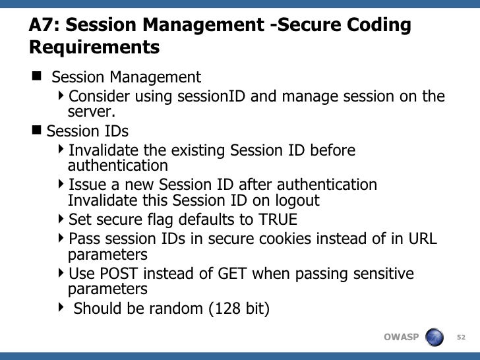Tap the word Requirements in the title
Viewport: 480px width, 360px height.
pyautogui.click(x=94, y=48)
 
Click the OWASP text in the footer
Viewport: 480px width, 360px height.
pyautogui.click(x=401, y=338)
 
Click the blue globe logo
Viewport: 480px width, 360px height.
pyautogui.click(x=435, y=338)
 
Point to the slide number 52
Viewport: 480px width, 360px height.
pyautogui.click(x=462, y=338)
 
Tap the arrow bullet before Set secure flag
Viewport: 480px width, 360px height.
pyautogui.click(x=61, y=218)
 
